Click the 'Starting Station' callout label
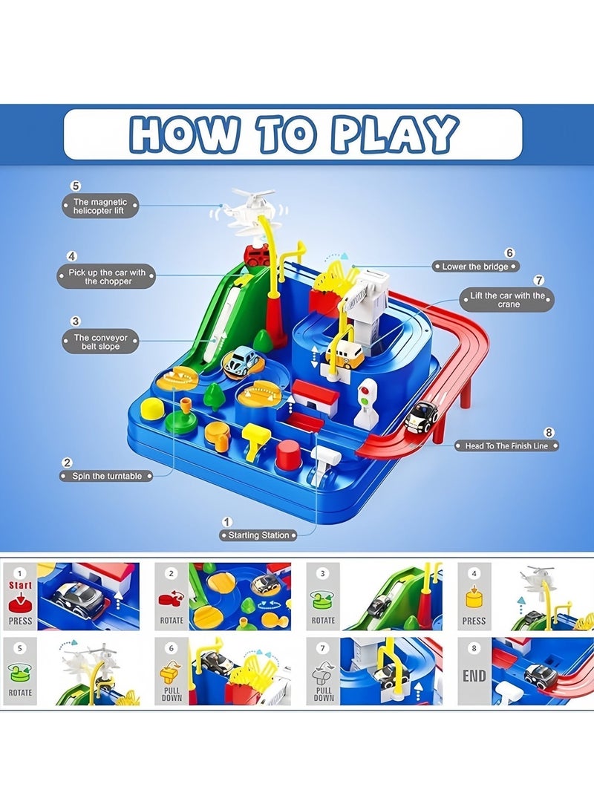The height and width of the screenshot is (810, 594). coord(259,535)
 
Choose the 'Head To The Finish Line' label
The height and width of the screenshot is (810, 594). coord(507,445)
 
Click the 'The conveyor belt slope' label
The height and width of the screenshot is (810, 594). coord(100,342)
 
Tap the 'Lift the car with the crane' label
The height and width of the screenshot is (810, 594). coord(508,300)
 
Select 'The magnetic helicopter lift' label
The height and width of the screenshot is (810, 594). coord(100,206)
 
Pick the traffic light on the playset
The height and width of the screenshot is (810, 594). coord(367,401)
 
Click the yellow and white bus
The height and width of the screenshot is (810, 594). coord(345,352)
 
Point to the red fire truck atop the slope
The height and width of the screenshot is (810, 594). coord(257,255)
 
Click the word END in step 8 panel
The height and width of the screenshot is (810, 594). coord(474,675)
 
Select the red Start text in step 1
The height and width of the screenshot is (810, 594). coord(20,584)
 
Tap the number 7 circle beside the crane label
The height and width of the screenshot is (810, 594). coord(539,281)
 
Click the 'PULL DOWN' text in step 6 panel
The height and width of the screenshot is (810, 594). coord(172,693)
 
